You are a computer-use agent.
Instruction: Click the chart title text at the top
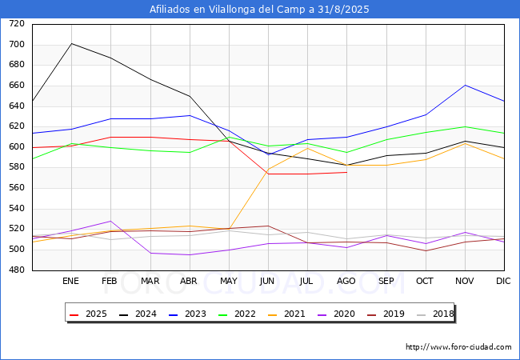pos(260,10)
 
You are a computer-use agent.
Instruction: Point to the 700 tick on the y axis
pos(17,45)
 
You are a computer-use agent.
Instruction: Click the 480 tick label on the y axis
pos(17,270)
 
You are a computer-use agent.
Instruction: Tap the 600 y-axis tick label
pos(17,147)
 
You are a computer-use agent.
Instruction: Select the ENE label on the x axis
pos(71,282)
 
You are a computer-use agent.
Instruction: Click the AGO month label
pos(346,282)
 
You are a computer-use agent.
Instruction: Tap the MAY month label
pos(228,282)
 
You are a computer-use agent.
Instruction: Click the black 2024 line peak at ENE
pos(71,43)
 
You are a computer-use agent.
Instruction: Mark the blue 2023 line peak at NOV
pos(465,85)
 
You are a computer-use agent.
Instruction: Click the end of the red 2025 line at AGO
pos(346,172)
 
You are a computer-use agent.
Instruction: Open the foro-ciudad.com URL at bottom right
pos(458,347)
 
